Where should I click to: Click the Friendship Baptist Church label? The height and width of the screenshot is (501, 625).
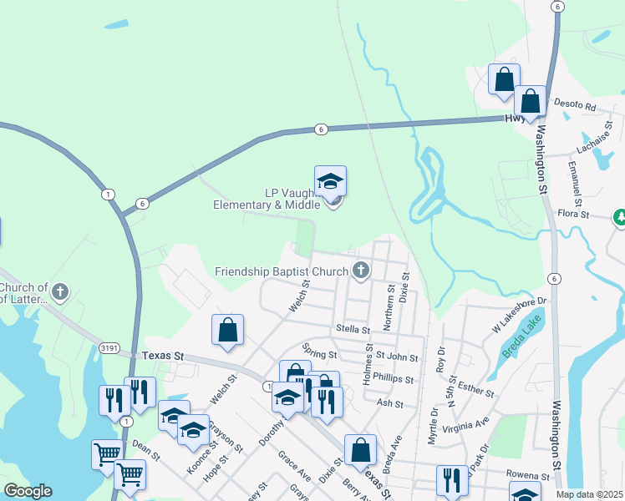(x=281, y=271)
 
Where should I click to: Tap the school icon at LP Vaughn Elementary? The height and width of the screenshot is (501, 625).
(x=330, y=180)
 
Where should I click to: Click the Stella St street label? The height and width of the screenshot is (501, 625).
(x=352, y=330)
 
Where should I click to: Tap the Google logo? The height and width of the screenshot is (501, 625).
(x=28, y=491)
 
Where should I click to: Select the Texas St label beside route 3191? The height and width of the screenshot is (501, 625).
(x=162, y=356)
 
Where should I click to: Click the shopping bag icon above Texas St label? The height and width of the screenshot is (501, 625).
(x=227, y=329)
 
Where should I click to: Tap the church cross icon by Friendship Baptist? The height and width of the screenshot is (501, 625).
(x=360, y=270)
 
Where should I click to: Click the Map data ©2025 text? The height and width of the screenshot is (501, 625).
(x=590, y=494)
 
